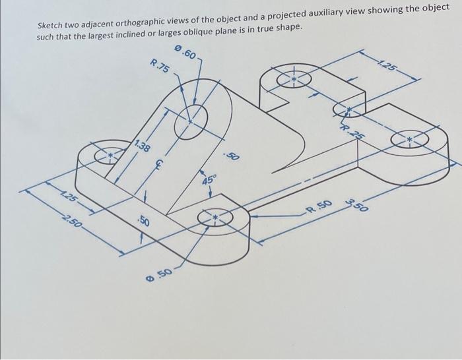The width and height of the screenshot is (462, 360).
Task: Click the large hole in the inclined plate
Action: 191,121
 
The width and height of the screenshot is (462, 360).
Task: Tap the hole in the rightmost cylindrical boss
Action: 409,139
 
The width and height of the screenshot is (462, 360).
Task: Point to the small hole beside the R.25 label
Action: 345,109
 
